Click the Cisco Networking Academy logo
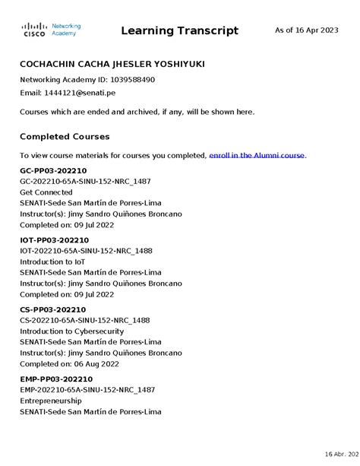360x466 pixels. click(50, 30)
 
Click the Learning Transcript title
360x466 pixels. click(179, 31)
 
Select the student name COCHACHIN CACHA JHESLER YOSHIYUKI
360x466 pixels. click(111, 64)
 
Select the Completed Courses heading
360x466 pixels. click(65, 137)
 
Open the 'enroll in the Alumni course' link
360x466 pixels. click(257, 155)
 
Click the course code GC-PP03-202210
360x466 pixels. click(53, 171)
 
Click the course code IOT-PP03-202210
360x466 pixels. click(55, 240)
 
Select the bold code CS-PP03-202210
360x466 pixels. click(52, 310)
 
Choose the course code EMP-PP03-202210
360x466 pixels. click(55, 379)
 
